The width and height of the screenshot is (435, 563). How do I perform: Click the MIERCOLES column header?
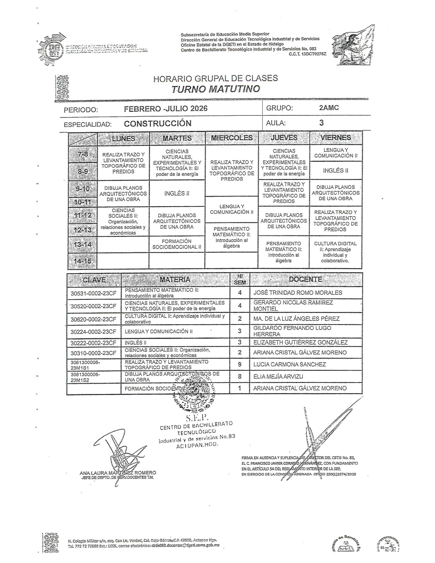click(232, 138)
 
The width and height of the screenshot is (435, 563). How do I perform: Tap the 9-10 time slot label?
click(82, 189)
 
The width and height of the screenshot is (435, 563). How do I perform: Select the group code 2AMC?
click(329, 108)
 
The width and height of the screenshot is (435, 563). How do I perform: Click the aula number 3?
click(321, 123)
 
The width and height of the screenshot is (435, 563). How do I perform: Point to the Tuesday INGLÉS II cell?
click(177, 193)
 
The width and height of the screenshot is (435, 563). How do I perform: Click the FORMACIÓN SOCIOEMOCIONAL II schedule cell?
click(177, 244)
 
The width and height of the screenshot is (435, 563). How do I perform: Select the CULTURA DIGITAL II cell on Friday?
click(335, 252)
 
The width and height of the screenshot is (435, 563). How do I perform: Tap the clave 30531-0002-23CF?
click(93, 293)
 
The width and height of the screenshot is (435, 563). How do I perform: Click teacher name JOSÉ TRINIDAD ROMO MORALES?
click(298, 292)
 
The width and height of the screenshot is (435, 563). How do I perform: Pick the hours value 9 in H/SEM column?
click(239, 364)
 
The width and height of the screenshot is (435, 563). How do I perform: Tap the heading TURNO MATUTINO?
click(216, 89)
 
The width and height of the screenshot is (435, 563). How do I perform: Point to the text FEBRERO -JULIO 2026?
click(166, 108)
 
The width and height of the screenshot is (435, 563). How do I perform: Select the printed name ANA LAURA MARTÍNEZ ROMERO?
click(118, 473)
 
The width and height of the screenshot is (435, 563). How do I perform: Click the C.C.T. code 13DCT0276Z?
click(307, 54)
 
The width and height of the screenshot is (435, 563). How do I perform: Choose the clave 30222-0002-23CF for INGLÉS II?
click(93, 343)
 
